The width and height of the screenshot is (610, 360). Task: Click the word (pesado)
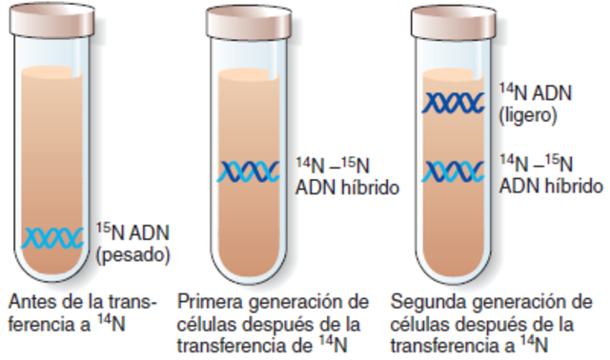click(x=132, y=254)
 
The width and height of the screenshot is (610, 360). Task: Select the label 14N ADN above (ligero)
click(x=533, y=92)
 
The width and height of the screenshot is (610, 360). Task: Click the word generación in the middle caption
click(x=287, y=302)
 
